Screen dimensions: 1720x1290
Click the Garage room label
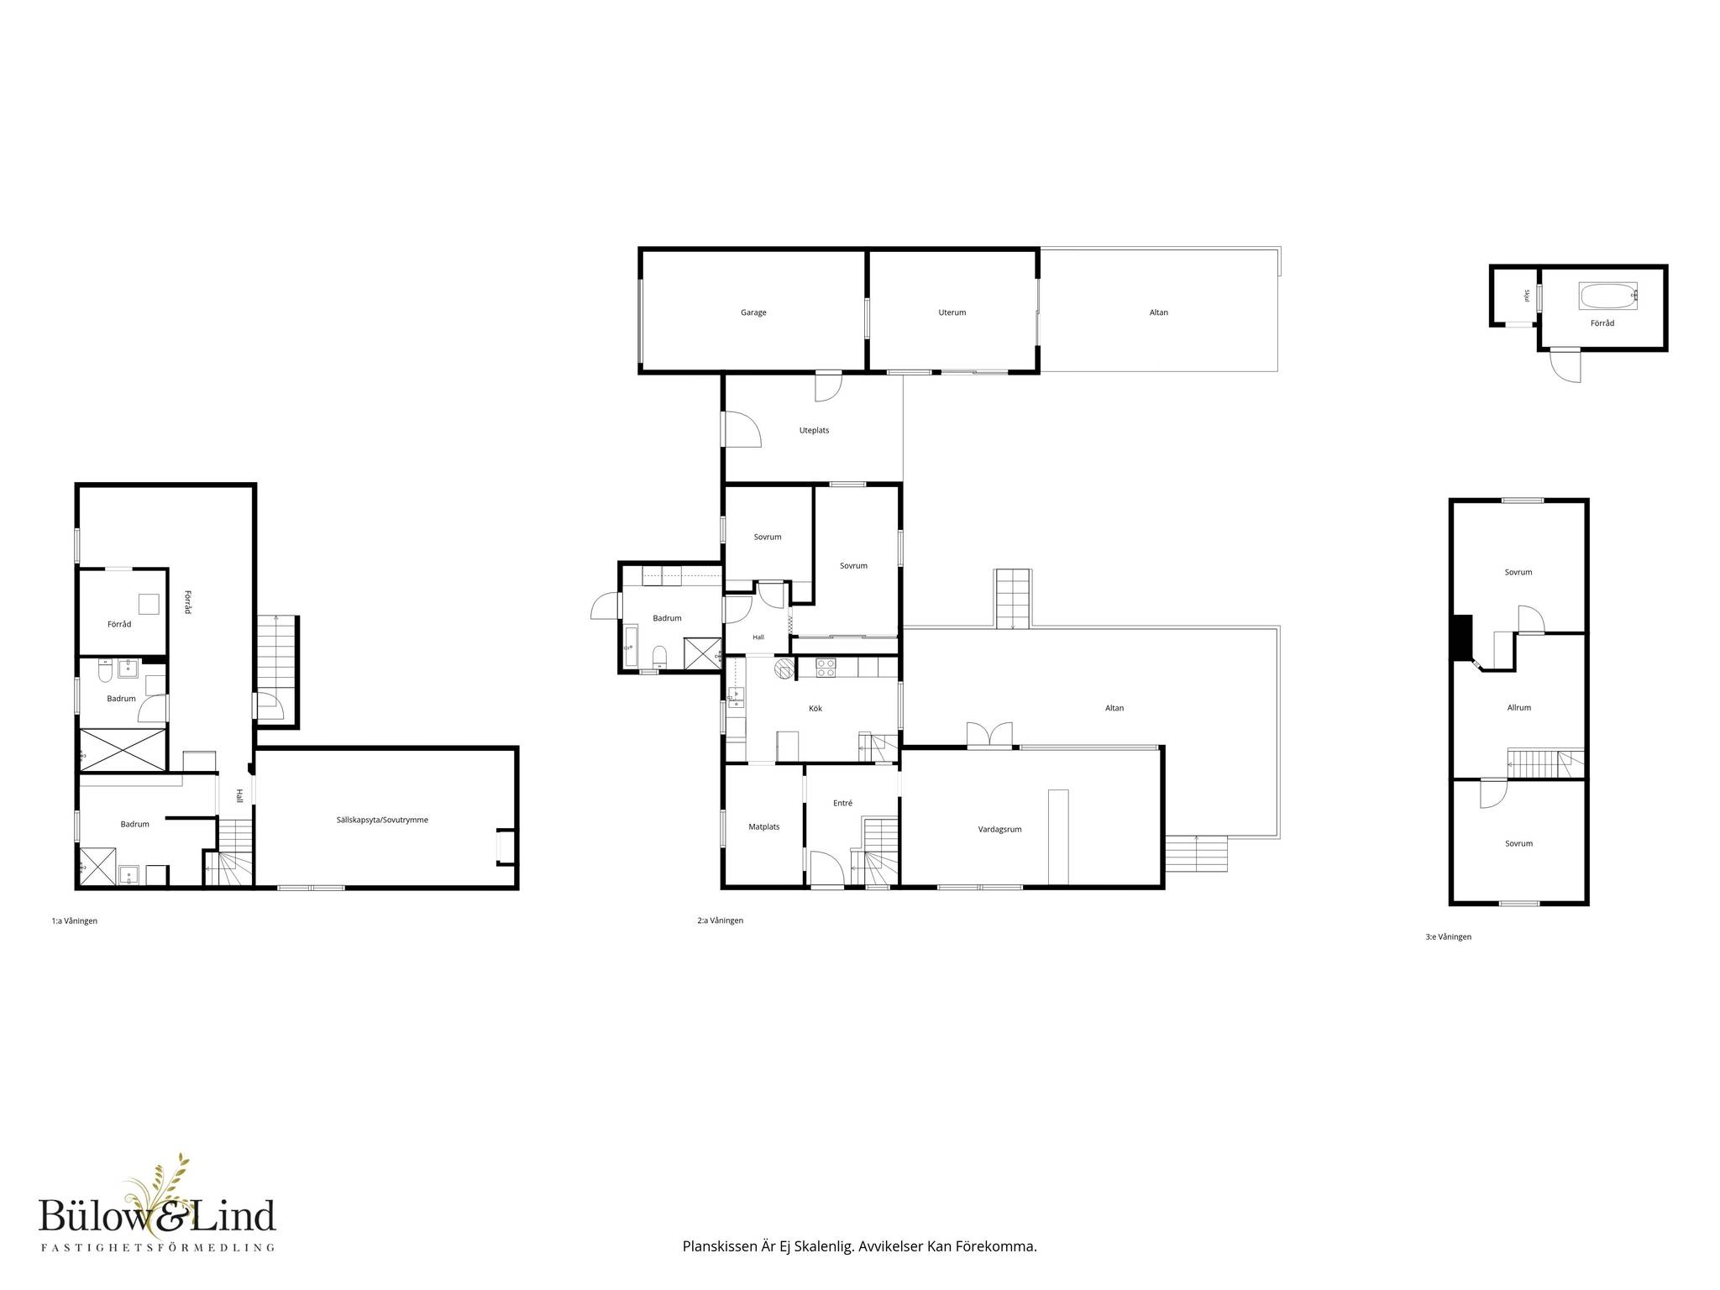tap(753, 312)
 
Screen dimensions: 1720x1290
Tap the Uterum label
tap(952, 312)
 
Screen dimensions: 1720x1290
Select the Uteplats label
tap(814, 431)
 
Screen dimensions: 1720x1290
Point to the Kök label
tap(815, 709)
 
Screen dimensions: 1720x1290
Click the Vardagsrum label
tap(1000, 830)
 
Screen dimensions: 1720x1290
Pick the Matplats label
tap(764, 827)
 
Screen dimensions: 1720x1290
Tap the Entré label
tap(842, 804)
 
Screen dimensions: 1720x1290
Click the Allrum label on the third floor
tap(1519, 708)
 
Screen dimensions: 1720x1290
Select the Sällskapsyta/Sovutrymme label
tap(382, 820)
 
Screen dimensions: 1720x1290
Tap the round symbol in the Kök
tap(784, 668)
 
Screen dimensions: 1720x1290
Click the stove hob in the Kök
tap(826, 668)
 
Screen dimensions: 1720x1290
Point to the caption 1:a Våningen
tap(75, 921)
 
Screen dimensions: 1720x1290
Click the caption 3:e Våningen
tap(1449, 937)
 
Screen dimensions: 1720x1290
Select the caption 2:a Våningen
tap(721, 920)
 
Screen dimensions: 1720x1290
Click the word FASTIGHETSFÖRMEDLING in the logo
tap(158, 1248)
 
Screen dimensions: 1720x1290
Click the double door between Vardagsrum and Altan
tap(989, 736)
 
